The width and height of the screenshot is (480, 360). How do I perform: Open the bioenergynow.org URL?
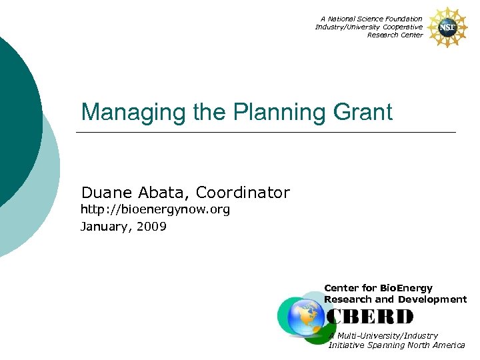tap(155, 210)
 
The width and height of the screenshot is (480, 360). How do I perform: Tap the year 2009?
tap(153, 227)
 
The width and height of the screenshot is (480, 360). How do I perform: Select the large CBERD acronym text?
tap(370, 317)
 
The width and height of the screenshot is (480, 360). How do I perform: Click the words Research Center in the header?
tap(395, 35)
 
